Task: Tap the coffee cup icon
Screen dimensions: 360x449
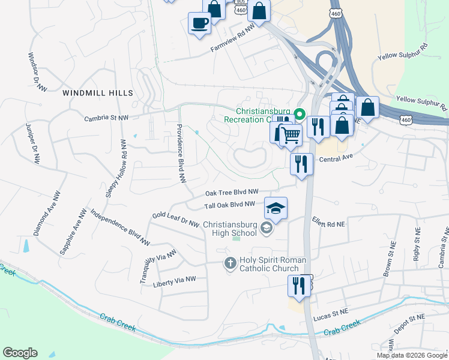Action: (199, 24)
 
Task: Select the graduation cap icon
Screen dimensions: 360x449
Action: (276, 208)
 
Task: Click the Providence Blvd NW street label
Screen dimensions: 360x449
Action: (181, 154)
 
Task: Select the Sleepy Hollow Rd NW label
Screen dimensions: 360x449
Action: (117, 169)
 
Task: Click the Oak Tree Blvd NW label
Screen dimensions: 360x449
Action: (232, 192)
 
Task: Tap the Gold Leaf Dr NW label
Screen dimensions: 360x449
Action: (175, 219)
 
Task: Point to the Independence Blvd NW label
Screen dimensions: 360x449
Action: (119, 227)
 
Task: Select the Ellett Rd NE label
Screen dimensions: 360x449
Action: (328, 223)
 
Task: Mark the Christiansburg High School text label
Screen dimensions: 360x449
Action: (231, 229)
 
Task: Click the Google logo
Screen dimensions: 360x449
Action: (20, 352)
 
